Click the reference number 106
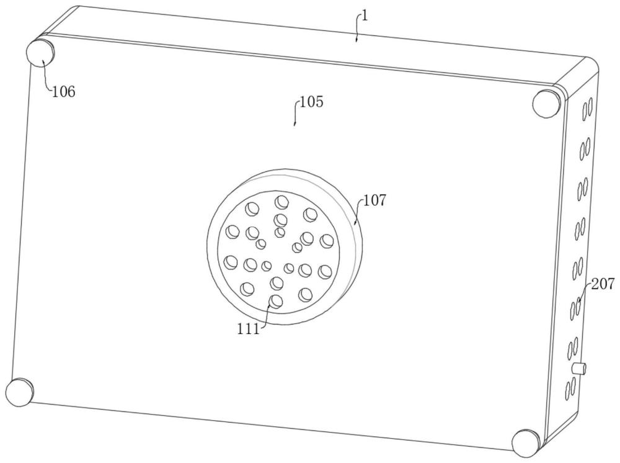pyautogui.click(x=64, y=92)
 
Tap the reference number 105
pyautogui.click(x=312, y=102)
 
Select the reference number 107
pyautogui.click(x=374, y=200)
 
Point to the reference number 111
pyautogui.click(x=249, y=329)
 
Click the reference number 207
pyautogui.click(x=603, y=284)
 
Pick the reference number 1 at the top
pyautogui.click(x=365, y=16)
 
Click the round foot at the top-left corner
pyautogui.click(x=40, y=53)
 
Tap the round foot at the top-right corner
pyautogui.click(x=547, y=103)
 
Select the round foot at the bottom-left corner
pyautogui.click(x=20, y=392)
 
